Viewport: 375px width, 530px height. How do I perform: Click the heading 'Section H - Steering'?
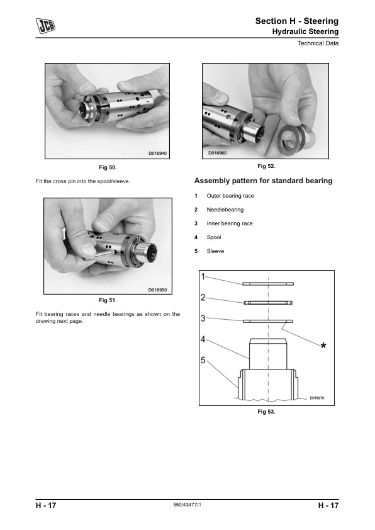pos(296,21)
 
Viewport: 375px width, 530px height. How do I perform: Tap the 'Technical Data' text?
pos(318,43)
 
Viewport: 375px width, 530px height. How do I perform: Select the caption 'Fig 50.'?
pos(108,167)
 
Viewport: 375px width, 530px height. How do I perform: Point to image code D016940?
pos(158,154)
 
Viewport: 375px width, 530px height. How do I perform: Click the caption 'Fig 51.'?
pos(108,300)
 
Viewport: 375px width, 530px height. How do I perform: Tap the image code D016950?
pos(158,290)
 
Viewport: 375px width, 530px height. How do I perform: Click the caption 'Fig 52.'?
pos(266,166)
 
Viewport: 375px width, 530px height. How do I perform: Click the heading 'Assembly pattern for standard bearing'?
pos(263,181)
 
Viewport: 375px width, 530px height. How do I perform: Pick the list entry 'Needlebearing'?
pos(225,210)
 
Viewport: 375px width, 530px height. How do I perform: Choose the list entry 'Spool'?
pos(214,237)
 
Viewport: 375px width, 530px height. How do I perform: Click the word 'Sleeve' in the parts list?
pos(215,251)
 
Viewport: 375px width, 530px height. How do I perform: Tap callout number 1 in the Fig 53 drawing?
pos(203,277)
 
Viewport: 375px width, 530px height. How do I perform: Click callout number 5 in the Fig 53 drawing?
pos(203,360)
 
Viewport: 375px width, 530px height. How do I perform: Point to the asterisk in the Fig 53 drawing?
pos(323,346)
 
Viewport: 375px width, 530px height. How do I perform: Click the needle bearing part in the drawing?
pos(268,303)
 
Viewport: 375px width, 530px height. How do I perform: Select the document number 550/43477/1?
pos(187,505)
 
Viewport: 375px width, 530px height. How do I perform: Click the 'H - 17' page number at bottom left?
pos(46,505)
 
